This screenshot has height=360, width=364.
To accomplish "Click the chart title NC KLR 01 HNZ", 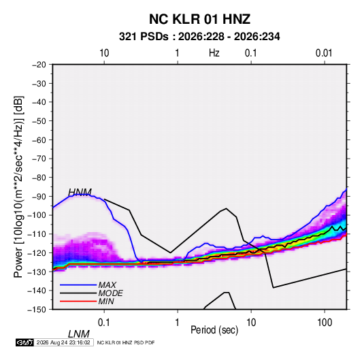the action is click(199, 19).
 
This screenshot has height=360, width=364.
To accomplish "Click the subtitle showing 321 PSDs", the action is click(199, 37).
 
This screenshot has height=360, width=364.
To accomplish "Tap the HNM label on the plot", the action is click(80, 193).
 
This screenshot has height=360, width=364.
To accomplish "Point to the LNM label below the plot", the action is click(79, 334).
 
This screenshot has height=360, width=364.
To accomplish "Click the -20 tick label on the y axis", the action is click(39, 65).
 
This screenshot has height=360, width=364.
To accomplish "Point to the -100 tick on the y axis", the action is click(37, 215).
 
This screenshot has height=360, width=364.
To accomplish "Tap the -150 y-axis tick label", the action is click(37, 310).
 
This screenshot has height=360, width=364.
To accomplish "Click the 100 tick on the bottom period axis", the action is click(325, 323).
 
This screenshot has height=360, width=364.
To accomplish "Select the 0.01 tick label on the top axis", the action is click(324, 53).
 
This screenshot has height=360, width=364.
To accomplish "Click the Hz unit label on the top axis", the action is click(214, 53).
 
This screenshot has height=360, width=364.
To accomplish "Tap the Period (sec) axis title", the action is click(214, 330).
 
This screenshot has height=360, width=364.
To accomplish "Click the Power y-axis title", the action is click(18, 186).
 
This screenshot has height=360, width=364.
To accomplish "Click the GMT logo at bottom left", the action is click(24, 342).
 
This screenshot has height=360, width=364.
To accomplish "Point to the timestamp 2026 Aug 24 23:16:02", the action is click(63, 342).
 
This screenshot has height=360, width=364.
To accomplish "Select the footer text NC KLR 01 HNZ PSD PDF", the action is click(126, 342).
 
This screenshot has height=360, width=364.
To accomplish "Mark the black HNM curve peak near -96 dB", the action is click(227, 208).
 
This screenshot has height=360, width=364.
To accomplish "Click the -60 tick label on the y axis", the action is click(39, 140).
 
